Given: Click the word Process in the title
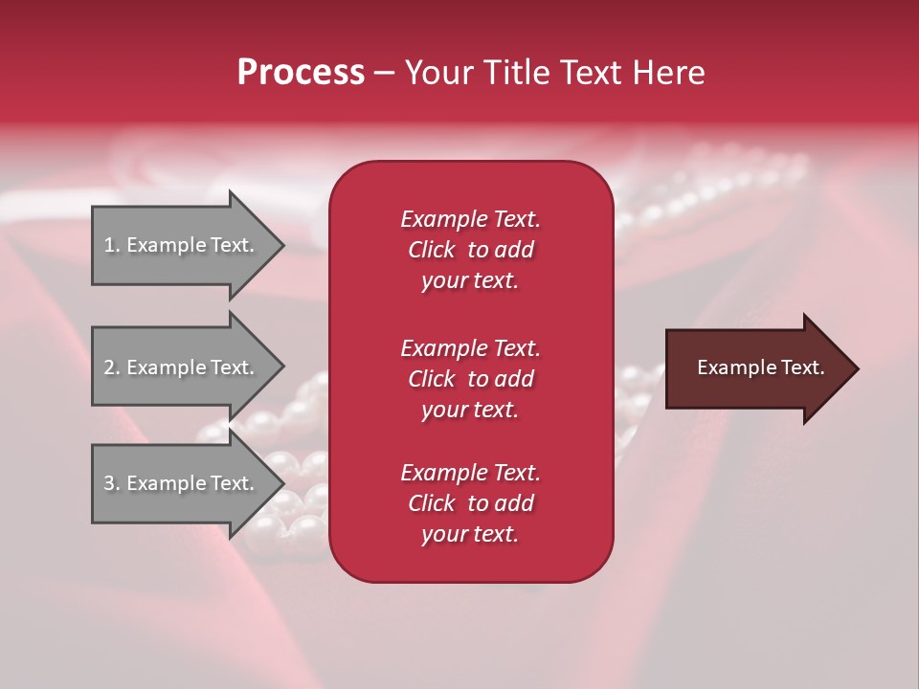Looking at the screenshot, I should tap(301, 73).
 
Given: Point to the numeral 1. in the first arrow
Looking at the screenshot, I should tap(111, 245).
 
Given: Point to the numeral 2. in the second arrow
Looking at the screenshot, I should tap(111, 367).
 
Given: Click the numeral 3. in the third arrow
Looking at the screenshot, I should tap(111, 483).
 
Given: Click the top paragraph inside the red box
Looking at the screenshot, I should tap(470, 250).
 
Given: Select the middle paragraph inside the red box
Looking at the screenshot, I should tap(470, 379).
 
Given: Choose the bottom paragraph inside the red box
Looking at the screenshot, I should tap(470, 503).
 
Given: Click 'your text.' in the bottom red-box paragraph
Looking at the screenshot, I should tap(470, 535).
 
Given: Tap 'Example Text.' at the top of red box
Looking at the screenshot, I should tap(470, 219).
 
